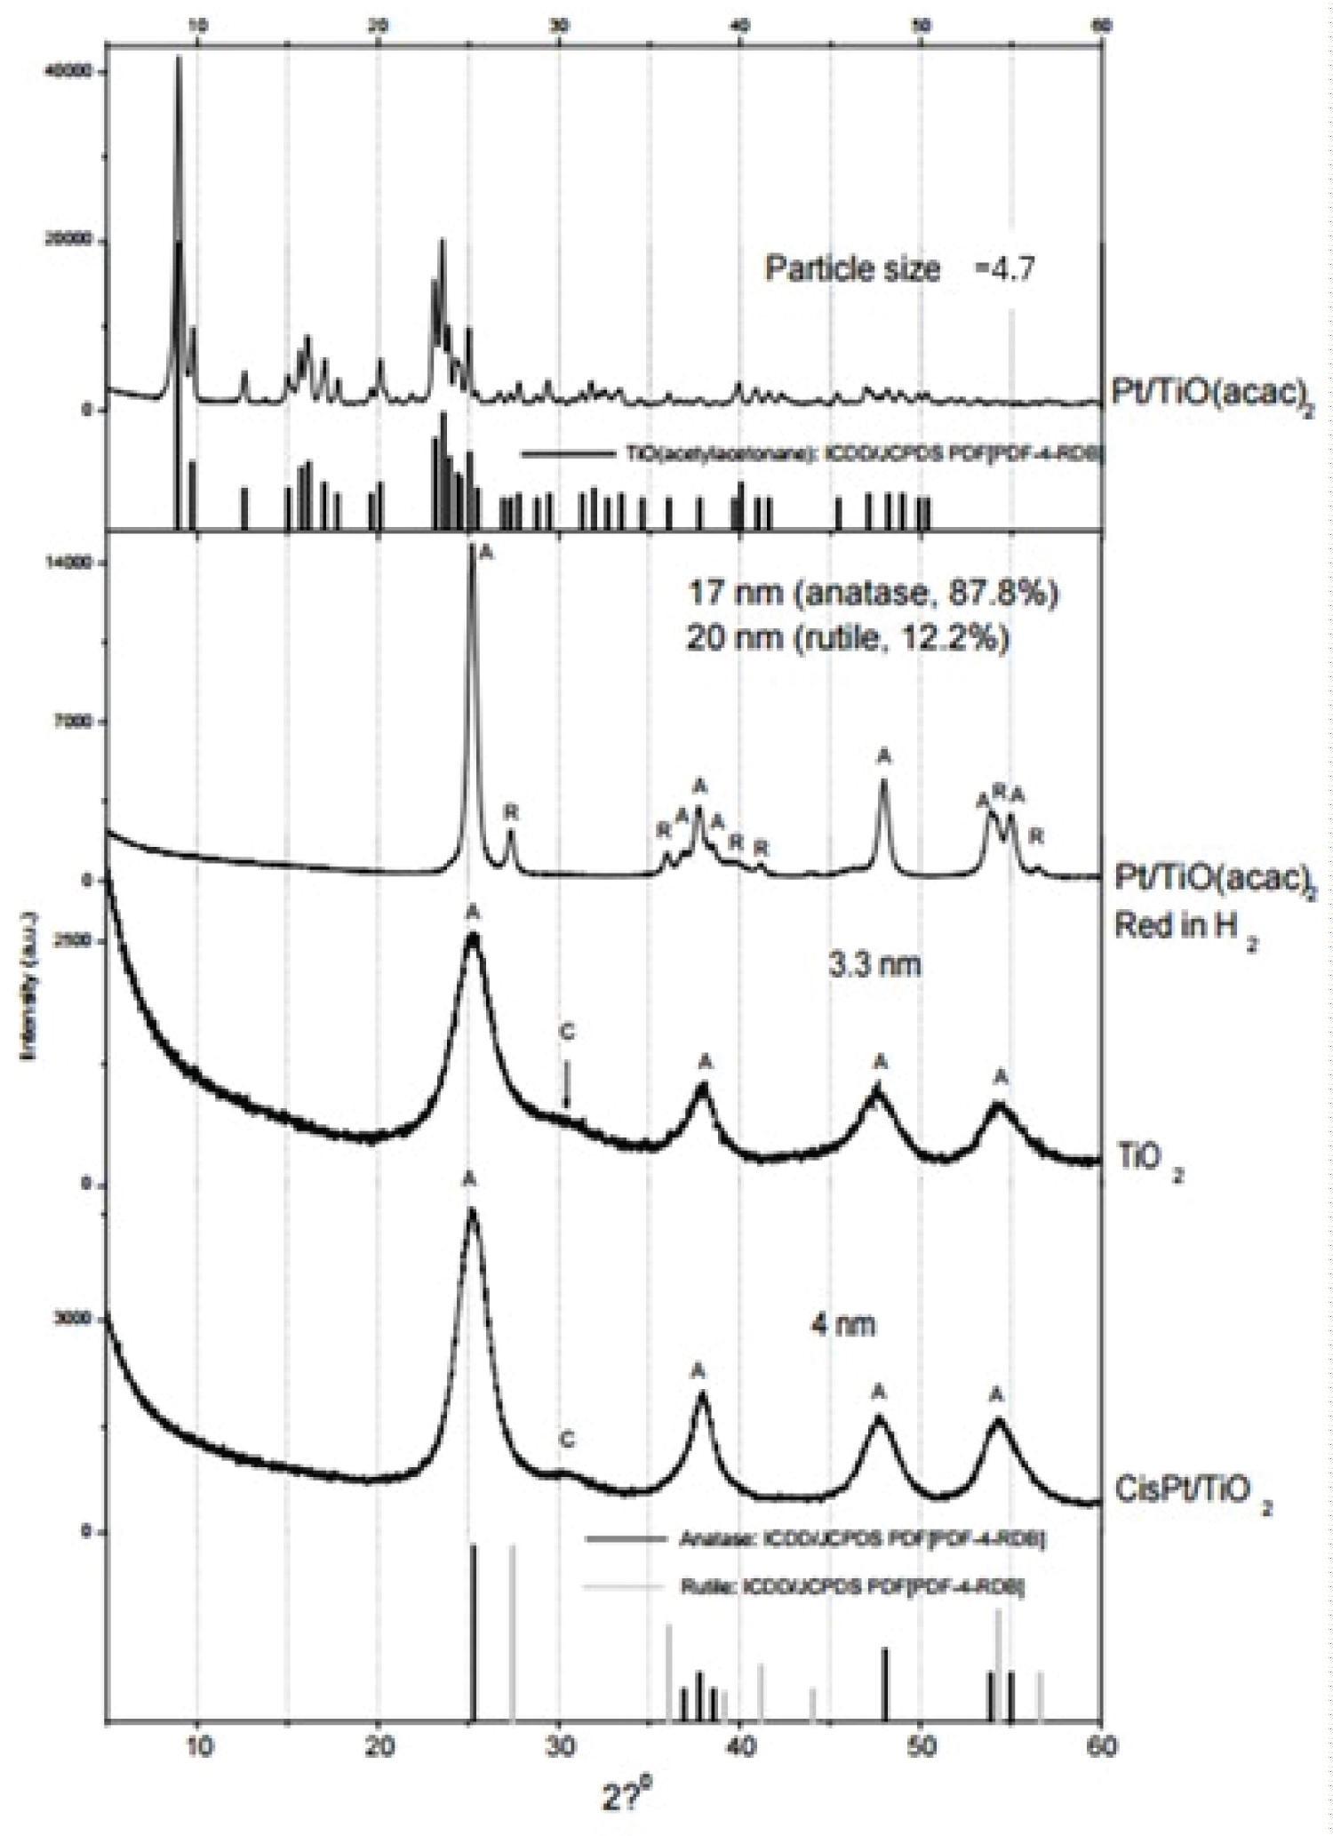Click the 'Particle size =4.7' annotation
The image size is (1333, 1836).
pyautogui.click(x=898, y=268)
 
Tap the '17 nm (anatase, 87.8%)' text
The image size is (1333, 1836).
pyautogui.click(x=872, y=593)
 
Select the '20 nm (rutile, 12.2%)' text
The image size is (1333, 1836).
pyautogui.click(x=847, y=638)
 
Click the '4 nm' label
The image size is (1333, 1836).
pyautogui.click(x=842, y=1325)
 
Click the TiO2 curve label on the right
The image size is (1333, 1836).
pyautogui.click(x=1149, y=1161)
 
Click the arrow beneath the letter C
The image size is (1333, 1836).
pyautogui.click(x=568, y=1086)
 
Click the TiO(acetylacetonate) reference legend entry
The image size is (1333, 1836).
pyautogui.click(x=810, y=454)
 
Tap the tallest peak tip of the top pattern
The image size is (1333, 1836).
pyautogui.click(x=178, y=59)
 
